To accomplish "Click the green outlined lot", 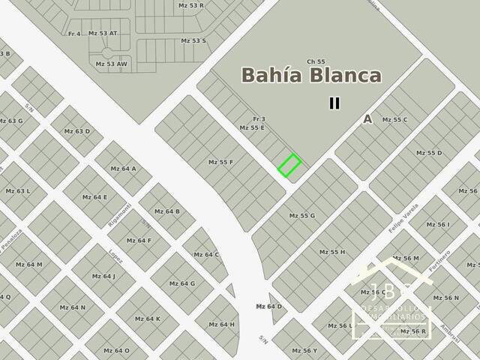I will (289, 165).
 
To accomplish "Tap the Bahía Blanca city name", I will (311, 76).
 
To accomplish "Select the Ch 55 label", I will (316, 61).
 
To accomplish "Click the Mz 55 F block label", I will (220, 162).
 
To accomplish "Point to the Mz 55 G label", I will (302, 215).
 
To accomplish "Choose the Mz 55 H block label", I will (332, 251).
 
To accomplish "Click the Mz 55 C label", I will (394, 120).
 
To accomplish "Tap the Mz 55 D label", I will (429, 153).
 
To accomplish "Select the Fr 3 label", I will (259, 119).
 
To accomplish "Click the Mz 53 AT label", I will (103, 33).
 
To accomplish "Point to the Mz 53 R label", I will (191, 5).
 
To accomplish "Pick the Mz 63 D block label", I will (76, 131).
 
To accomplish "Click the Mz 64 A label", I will (123, 169).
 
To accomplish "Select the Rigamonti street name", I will (121, 216).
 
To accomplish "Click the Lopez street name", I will (115, 256).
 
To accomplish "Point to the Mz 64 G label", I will (182, 283).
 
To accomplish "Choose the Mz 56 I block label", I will (438, 224).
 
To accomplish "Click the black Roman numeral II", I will (334, 103).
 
